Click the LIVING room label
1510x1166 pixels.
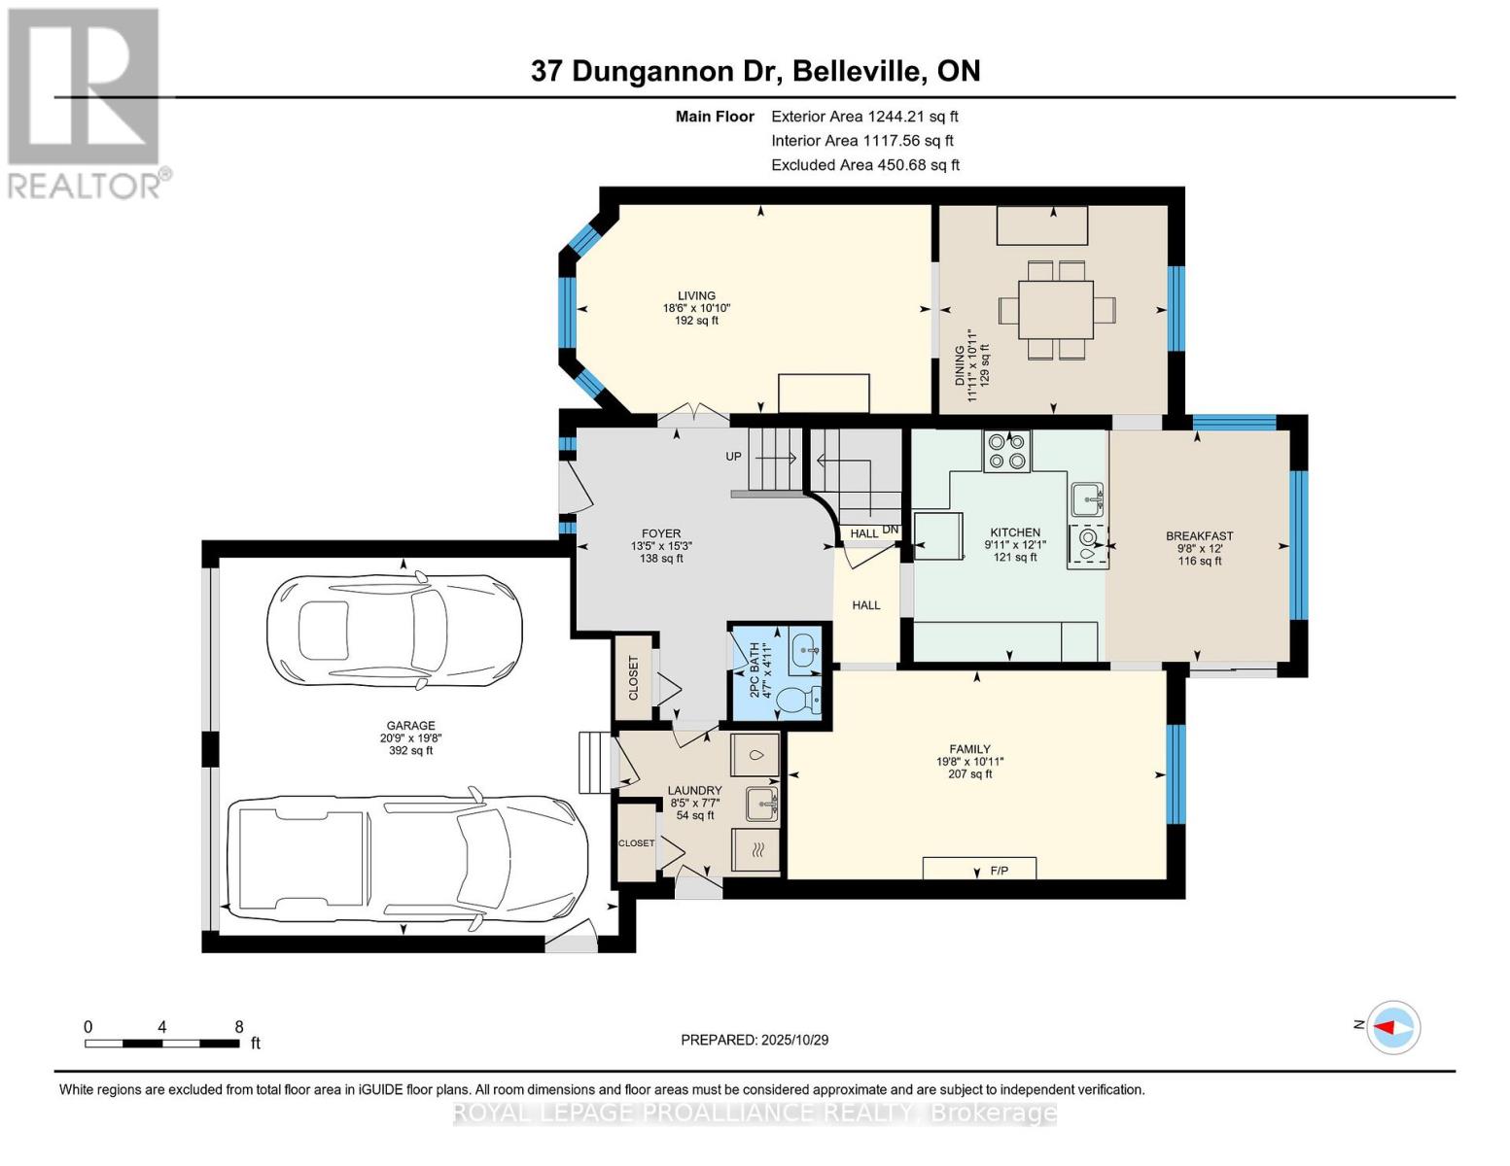[x=696, y=296]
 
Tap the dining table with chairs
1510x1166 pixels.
[x=1056, y=310]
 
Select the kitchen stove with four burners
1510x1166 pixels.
[x=1006, y=452]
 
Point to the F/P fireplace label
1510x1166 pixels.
[x=999, y=871]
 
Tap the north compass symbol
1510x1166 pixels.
[x=1393, y=1027]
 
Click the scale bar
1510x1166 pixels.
[x=161, y=1044]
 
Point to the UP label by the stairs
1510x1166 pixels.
[x=733, y=457]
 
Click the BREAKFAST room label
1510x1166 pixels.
[x=1199, y=536]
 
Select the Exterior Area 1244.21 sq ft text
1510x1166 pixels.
[x=864, y=117]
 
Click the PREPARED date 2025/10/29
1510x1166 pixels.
[x=755, y=1040]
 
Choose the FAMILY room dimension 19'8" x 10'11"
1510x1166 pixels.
[x=969, y=762]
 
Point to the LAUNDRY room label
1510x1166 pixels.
[x=694, y=791]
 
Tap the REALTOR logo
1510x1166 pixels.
[x=86, y=102]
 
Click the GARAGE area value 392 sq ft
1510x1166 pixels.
[x=410, y=750]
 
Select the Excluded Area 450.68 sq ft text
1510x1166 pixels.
[x=864, y=165]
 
